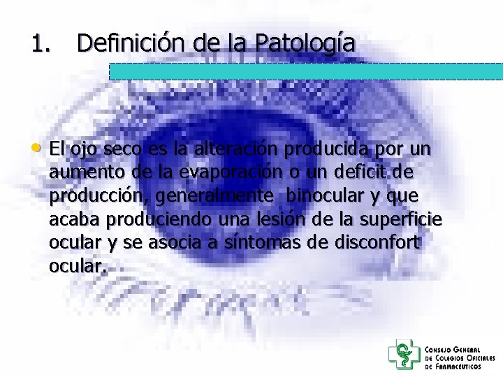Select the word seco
(122, 149)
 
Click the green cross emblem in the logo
(403, 354)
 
